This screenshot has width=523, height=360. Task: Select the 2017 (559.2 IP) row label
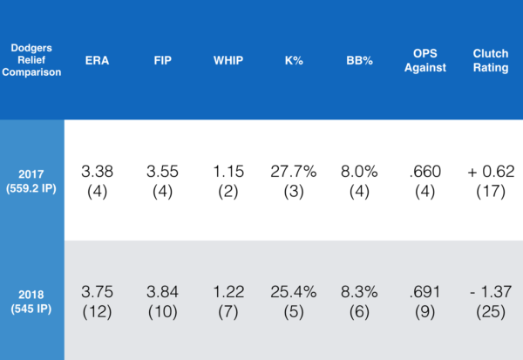tap(32, 179)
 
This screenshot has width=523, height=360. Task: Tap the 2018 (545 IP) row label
tap(32, 300)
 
